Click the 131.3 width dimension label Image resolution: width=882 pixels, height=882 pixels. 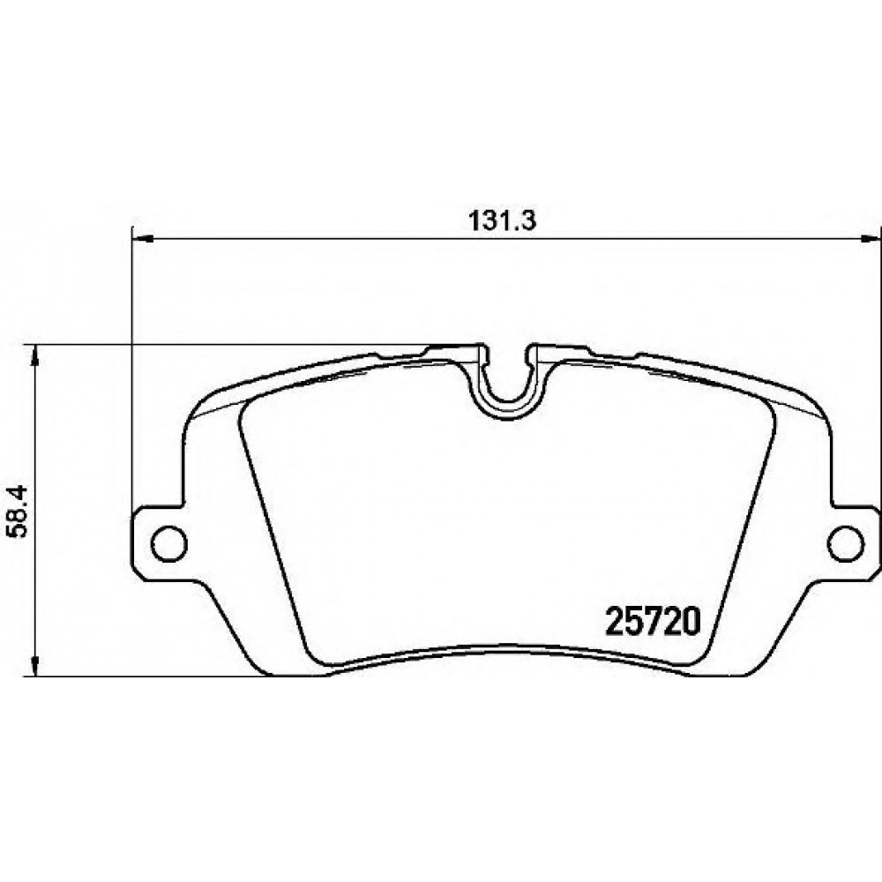(x=503, y=221)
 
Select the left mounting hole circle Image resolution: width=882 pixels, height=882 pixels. (x=168, y=543)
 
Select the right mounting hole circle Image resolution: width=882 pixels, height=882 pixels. (x=846, y=543)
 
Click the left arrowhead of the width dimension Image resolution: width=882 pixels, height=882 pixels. (x=142, y=240)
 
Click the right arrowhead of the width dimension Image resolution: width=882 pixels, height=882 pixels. (x=871, y=240)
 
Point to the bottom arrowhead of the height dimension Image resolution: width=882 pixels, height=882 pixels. (x=35, y=665)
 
